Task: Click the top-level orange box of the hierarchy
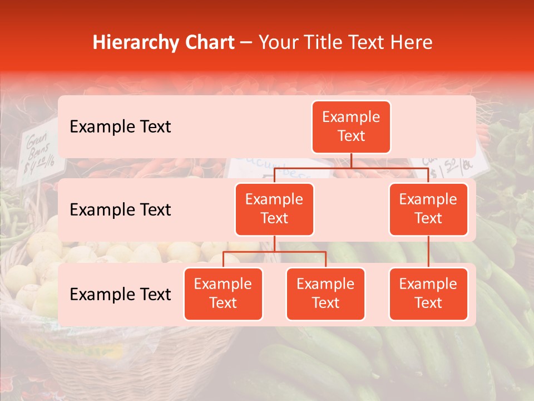click(351, 126)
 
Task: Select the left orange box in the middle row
click(274, 209)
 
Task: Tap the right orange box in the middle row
click(428, 209)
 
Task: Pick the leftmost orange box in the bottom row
click(223, 294)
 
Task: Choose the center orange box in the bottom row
click(325, 294)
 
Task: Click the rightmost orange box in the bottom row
click(428, 294)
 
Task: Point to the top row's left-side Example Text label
click(120, 126)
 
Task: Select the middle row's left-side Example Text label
click(120, 209)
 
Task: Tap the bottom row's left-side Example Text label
click(120, 294)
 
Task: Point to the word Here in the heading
click(411, 42)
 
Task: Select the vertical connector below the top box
click(351, 160)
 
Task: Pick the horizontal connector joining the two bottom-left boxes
click(274, 252)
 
